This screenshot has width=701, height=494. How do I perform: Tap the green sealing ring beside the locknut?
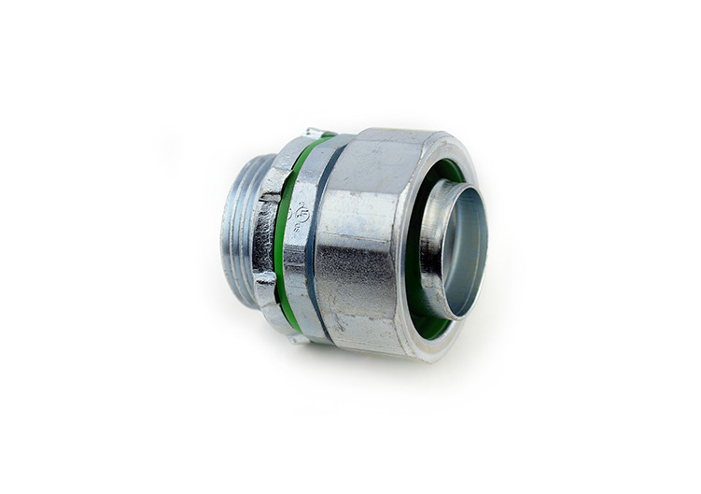pyautogui.click(x=285, y=233)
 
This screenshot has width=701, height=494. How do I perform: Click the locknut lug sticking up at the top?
pyautogui.click(x=318, y=134)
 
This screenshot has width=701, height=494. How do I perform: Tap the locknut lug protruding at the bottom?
pyautogui.click(x=297, y=337)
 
